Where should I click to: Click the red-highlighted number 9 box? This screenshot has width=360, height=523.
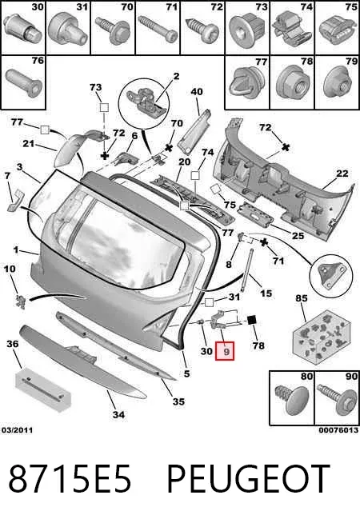coord(225,351)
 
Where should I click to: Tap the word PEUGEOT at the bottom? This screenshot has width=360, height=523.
coord(249,479)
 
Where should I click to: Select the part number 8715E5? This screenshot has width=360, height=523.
coord(70,479)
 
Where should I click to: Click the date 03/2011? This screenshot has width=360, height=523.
coord(17,430)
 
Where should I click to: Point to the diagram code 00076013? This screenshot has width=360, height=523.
coord(338,430)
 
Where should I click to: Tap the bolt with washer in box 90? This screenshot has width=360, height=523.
coord(337,401)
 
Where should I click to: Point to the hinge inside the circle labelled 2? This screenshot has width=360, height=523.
coord(146,100)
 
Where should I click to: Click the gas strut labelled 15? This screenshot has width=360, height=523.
coord(246,270)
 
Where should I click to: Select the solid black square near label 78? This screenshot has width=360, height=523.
coord(252,320)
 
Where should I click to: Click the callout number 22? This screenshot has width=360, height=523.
coord(342,173)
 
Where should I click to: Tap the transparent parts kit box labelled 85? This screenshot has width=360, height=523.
coord(322,337)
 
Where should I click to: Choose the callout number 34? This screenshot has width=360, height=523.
coord(118,414)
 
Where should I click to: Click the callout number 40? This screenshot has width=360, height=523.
coord(197,91)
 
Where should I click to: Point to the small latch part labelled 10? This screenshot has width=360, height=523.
coord(21,301)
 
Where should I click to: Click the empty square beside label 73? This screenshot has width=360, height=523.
coord(105,108)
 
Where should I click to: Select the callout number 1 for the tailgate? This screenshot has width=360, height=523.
coord(16,250)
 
